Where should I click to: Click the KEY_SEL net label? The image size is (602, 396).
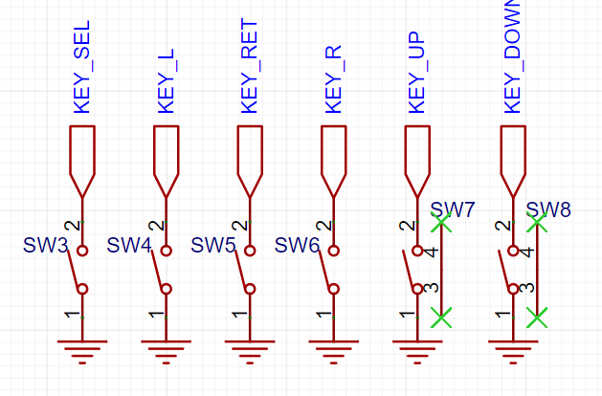click(x=81, y=67)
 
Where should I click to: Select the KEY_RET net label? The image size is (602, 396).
click(x=249, y=66)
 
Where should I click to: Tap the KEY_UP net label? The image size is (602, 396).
click(x=417, y=72)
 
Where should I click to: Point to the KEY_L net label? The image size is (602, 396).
click(x=166, y=81)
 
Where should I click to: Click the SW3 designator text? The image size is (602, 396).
click(x=46, y=245)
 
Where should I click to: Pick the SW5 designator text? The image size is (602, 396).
click(x=213, y=245)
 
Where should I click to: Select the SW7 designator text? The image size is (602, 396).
click(x=453, y=209)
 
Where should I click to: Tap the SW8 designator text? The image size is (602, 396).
click(x=548, y=209)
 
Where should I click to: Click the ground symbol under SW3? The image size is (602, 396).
click(x=82, y=351)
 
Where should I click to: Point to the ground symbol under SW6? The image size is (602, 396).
click(x=334, y=351)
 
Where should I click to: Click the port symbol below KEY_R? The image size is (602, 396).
click(x=334, y=162)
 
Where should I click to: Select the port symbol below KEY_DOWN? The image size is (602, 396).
click(x=513, y=162)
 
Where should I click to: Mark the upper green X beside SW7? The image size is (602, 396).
click(x=441, y=223)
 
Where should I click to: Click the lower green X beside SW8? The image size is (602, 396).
click(x=537, y=318)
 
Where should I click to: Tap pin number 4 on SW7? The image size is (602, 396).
click(x=433, y=253)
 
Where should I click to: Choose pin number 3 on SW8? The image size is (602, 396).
click(x=527, y=287)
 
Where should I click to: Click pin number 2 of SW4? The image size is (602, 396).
click(x=157, y=225)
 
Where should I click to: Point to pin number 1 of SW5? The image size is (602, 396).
click(x=240, y=315)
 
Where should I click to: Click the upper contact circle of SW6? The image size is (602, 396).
click(x=334, y=251)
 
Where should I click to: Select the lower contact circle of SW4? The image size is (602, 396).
click(x=166, y=289)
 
